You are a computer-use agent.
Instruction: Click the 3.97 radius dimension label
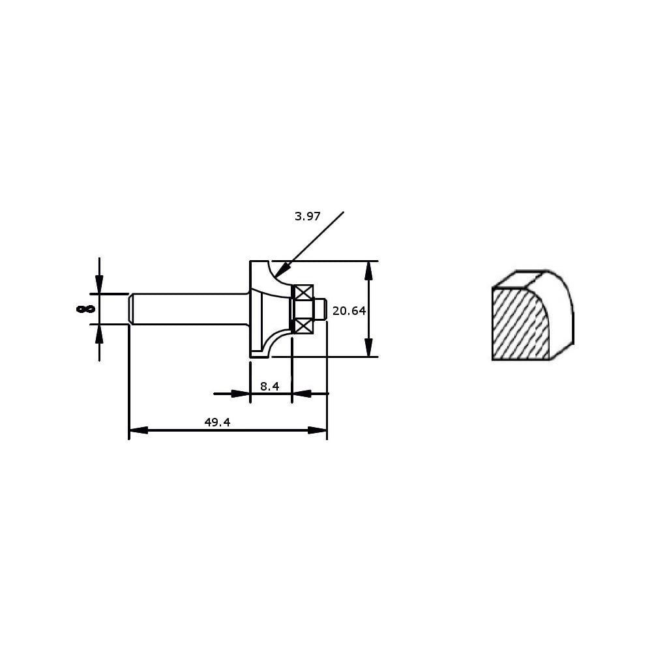307,216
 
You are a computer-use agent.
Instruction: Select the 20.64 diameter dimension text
349,310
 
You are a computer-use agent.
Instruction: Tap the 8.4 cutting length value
269,386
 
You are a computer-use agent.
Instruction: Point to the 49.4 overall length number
217,422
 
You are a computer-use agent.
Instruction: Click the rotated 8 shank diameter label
85,308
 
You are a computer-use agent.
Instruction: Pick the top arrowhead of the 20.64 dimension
368,271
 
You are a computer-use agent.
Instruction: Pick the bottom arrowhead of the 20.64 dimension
368,348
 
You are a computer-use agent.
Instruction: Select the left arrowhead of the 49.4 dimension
138,430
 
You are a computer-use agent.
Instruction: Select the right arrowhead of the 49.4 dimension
318,430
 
